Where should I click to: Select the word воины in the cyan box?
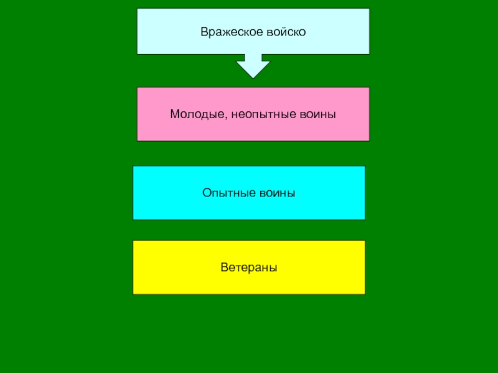click(277, 193)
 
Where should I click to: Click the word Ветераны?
click(249, 267)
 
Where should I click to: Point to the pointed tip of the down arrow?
click(253, 76)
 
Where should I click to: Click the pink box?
click(253, 131)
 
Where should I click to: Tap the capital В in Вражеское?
click(204, 31)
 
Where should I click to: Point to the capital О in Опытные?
click(206, 193)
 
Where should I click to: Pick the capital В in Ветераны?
click(223, 267)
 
